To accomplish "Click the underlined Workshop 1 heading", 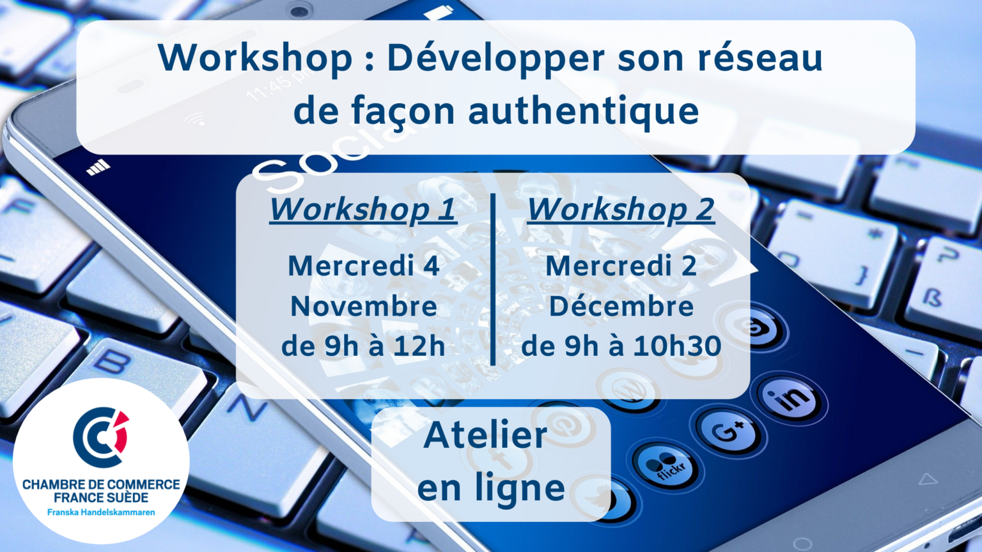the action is (x=363, y=210).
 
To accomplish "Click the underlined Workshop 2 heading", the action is (x=621, y=210).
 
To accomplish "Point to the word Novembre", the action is (x=363, y=306).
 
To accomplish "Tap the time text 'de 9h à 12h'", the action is (x=363, y=346).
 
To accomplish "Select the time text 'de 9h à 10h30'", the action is (x=621, y=346).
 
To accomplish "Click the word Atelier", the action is (x=485, y=436).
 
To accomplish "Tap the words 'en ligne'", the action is (x=491, y=487).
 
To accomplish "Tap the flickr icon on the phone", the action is (x=666, y=466).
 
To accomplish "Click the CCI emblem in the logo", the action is (x=101, y=437).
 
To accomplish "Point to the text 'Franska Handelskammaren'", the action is (x=101, y=512).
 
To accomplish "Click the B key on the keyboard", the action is (x=112, y=361).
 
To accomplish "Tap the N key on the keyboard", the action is (x=247, y=408).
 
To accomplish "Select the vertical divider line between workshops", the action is (x=493, y=279).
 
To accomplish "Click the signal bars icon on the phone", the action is (x=98, y=167).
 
